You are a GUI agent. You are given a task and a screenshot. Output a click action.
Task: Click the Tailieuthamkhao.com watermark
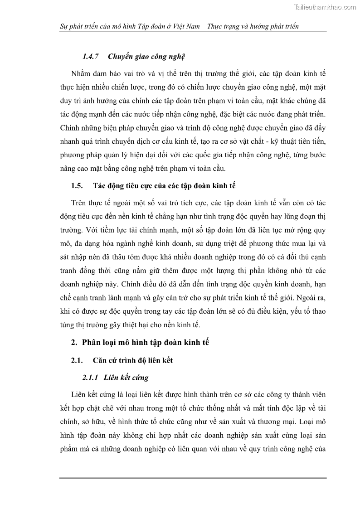(x=325, y=7)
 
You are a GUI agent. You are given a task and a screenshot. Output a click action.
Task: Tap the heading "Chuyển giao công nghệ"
(x=146, y=57)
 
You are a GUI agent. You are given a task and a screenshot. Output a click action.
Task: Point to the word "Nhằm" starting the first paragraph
(x=80, y=74)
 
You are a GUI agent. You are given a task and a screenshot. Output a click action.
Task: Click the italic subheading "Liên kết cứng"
(x=126, y=377)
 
